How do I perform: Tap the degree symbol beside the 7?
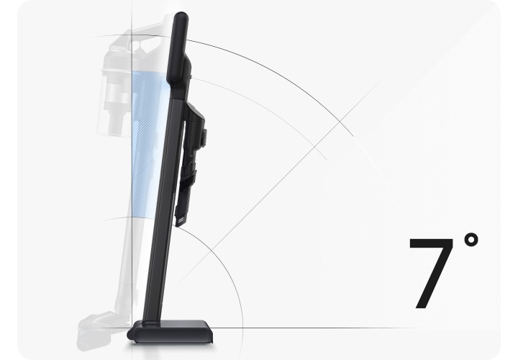(x=471, y=240)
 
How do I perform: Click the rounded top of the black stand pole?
(x=181, y=17)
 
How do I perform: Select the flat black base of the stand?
(x=171, y=332)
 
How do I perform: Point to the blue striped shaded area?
(x=145, y=145)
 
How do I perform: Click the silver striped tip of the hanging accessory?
(x=181, y=222)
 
